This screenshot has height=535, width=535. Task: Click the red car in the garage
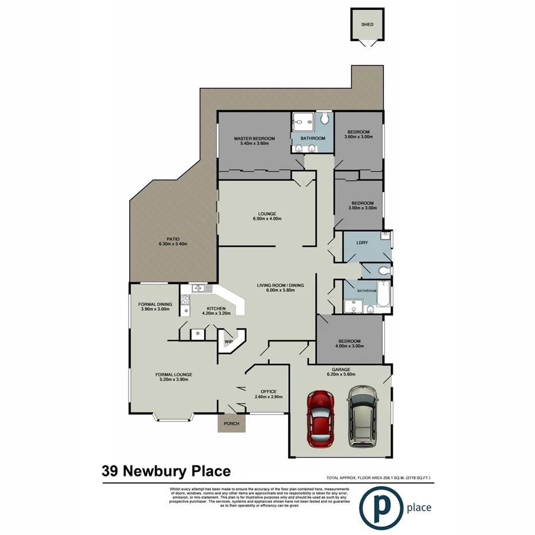tap(320, 419)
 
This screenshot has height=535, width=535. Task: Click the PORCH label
tap(232, 424)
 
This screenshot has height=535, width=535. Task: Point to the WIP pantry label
tap(228, 341)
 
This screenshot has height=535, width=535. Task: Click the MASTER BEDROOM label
tap(254, 139)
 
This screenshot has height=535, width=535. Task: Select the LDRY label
tap(362, 243)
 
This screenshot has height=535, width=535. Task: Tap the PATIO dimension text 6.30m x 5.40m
tap(173, 244)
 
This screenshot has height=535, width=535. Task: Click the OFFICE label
tap(269, 391)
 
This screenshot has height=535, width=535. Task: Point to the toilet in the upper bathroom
tap(325, 119)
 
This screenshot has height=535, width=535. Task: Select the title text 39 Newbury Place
tap(166, 471)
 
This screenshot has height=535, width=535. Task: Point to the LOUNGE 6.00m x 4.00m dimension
tap(267, 219)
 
